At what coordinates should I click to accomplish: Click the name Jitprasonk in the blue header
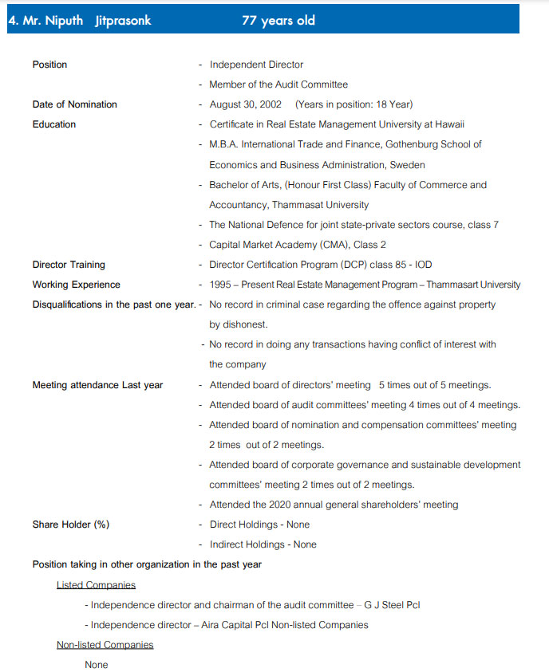click(123, 21)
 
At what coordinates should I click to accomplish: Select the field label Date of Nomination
click(74, 104)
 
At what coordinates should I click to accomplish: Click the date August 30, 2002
click(245, 104)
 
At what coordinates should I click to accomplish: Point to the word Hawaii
click(448, 124)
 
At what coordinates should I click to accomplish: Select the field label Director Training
click(69, 265)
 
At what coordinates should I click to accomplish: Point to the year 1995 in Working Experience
click(221, 285)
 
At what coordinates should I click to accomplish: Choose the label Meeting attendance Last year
click(97, 385)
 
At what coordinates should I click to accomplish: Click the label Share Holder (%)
click(71, 525)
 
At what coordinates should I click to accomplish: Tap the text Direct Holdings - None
click(259, 525)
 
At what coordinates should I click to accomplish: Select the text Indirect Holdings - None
click(263, 544)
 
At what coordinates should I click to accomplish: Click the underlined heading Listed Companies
click(96, 585)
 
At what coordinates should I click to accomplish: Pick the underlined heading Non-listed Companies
click(105, 645)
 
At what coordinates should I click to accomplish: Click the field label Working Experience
click(76, 285)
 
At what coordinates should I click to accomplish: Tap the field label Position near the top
click(49, 65)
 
